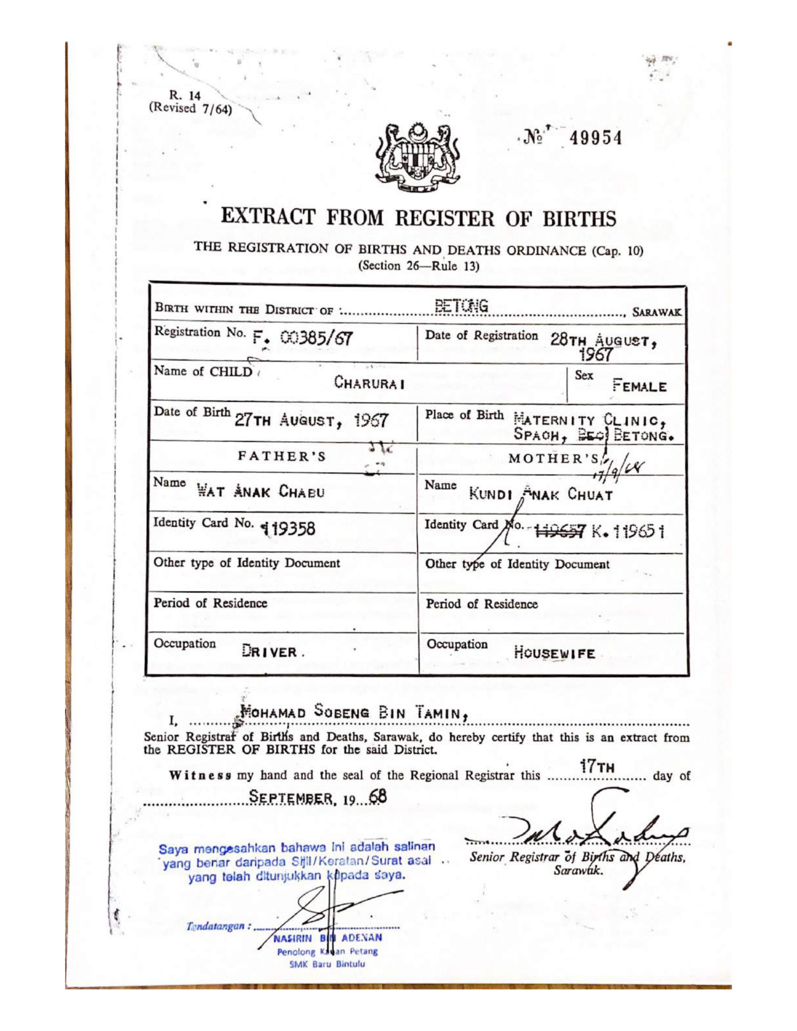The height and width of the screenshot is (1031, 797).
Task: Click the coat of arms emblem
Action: click(x=417, y=158)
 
